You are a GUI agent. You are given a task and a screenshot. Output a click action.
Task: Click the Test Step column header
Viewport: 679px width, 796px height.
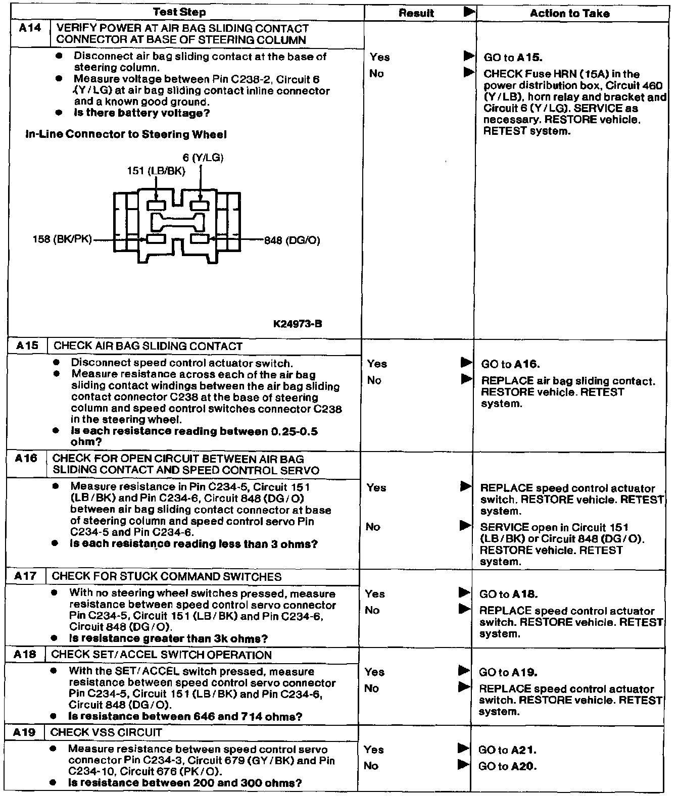click(x=179, y=12)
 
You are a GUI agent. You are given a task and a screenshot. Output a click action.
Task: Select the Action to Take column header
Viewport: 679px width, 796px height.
click(x=569, y=14)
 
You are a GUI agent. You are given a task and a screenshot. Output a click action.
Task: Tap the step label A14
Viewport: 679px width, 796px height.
click(x=30, y=28)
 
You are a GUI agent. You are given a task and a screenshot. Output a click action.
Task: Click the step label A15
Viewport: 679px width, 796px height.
click(x=27, y=346)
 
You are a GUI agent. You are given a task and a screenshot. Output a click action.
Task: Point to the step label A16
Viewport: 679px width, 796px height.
click(x=26, y=459)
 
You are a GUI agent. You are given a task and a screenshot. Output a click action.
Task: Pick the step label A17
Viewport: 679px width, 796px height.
click(x=26, y=576)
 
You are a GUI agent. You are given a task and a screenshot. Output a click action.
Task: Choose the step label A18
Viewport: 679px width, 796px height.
click(x=25, y=655)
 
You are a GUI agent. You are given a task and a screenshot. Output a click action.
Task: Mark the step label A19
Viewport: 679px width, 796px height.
click(x=25, y=732)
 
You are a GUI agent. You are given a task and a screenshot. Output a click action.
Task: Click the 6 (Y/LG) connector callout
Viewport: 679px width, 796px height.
click(x=203, y=158)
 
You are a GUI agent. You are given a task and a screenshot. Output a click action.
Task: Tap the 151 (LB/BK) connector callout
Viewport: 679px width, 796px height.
click(x=156, y=171)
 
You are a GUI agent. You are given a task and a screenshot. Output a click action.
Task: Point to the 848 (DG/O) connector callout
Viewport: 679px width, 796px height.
click(x=292, y=240)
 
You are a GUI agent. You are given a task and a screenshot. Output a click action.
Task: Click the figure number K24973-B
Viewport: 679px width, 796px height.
click(x=297, y=324)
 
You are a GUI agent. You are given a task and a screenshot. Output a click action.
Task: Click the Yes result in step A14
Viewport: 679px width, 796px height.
click(x=379, y=57)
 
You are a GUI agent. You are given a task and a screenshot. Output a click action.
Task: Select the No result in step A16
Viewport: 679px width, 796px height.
click(x=373, y=527)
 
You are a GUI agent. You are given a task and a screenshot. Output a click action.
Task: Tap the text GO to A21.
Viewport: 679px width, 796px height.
click(x=507, y=750)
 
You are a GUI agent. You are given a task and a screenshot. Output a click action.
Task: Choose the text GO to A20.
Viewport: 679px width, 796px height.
click(x=507, y=766)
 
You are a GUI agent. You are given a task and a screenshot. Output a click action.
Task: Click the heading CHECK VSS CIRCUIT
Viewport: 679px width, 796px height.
click(x=106, y=732)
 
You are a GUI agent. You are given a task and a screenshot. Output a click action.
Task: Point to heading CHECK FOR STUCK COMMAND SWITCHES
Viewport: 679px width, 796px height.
click(x=167, y=576)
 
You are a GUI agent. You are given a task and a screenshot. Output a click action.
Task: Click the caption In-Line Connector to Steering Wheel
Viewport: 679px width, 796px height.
click(x=126, y=134)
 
